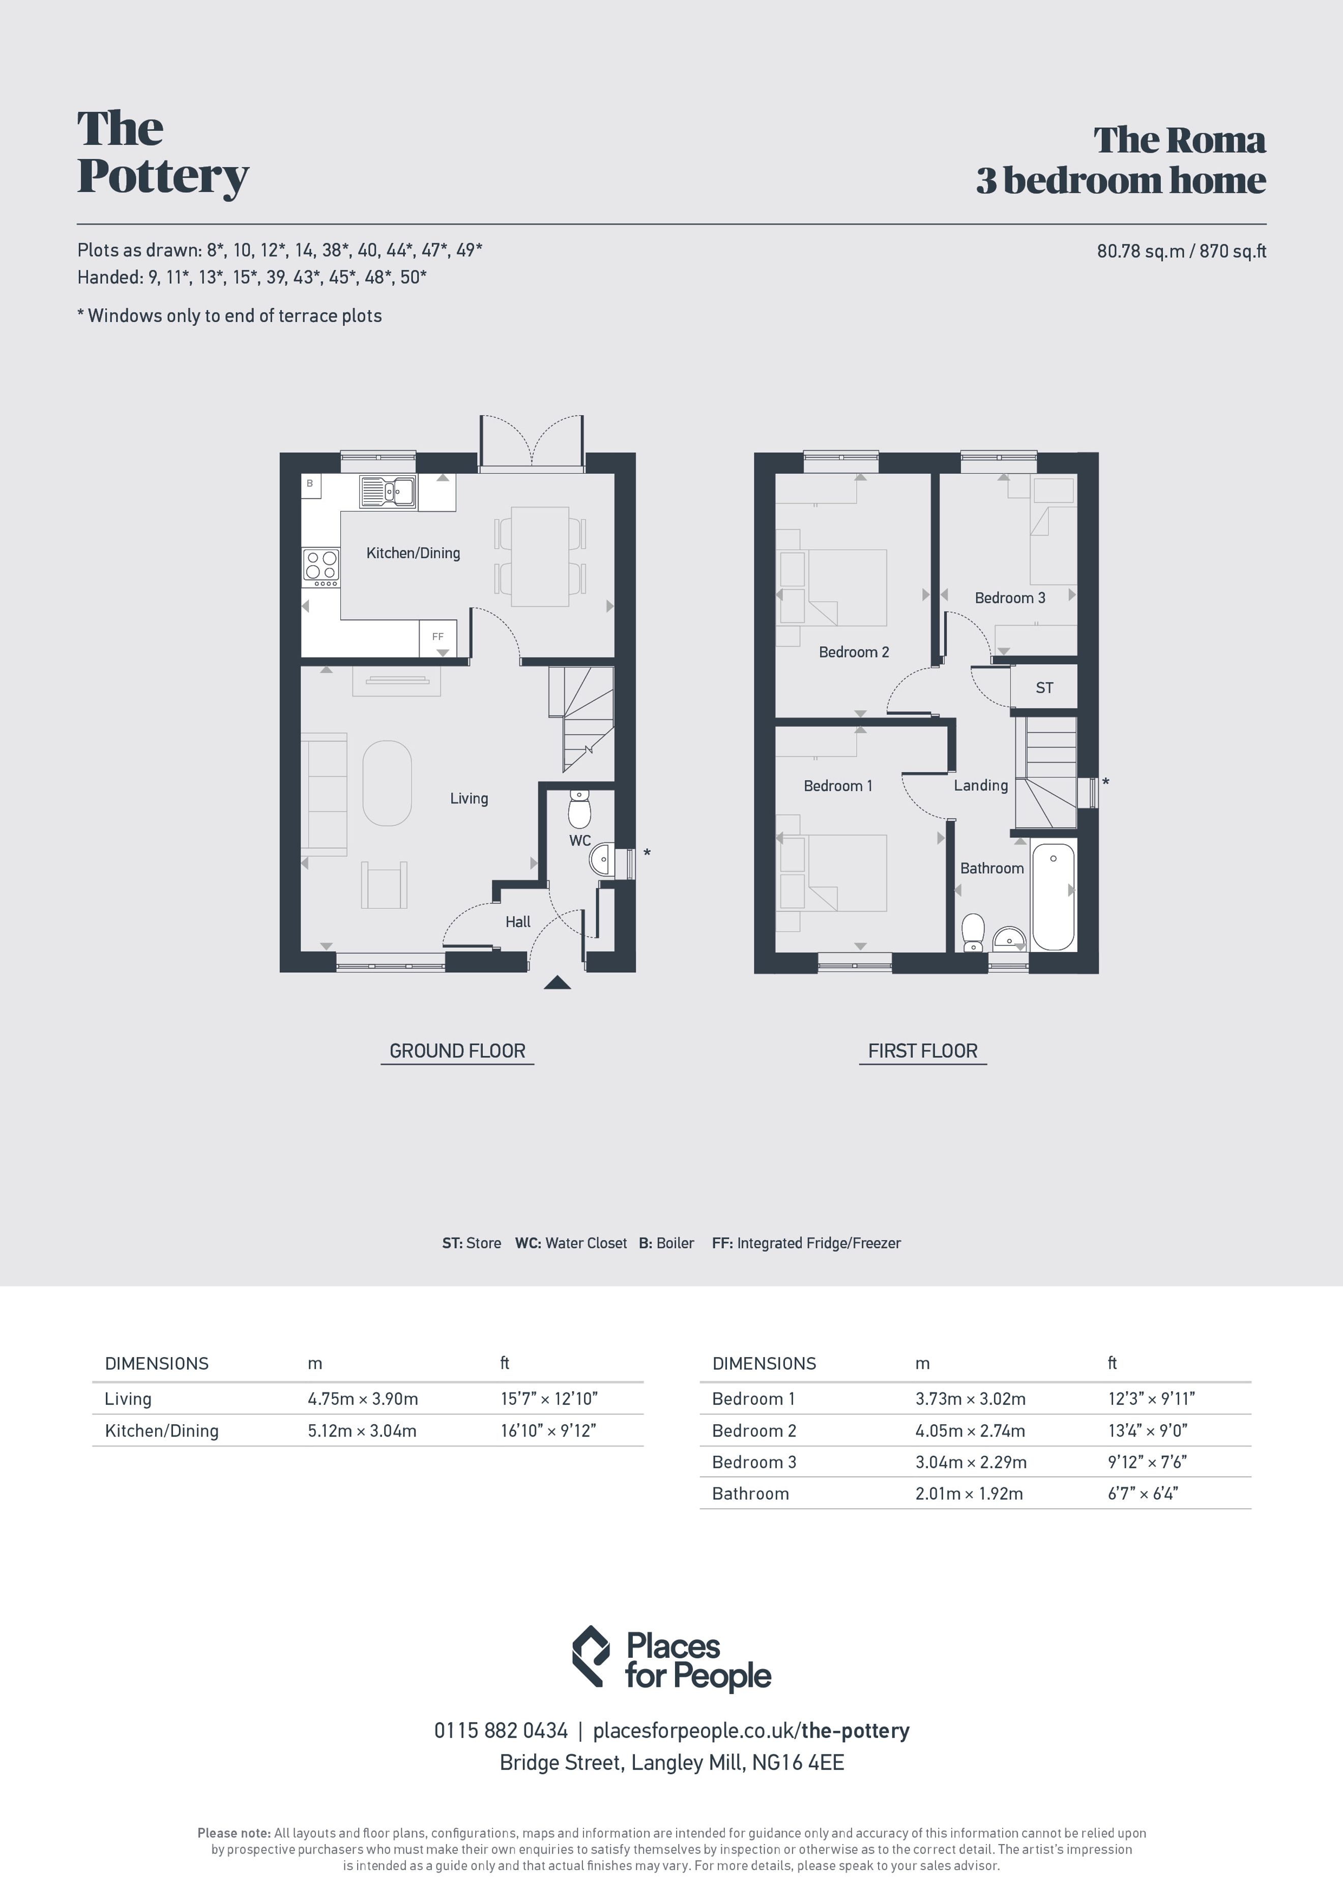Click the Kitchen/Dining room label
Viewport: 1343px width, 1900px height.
click(413, 553)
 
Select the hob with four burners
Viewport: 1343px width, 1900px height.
click(321, 568)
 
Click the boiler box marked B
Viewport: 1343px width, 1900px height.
click(310, 483)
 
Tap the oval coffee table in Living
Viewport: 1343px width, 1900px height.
click(387, 783)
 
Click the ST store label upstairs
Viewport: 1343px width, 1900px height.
click(1044, 687)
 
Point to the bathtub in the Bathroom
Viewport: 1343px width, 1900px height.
click(1054, 896)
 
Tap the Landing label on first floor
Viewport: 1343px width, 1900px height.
click(981, 785)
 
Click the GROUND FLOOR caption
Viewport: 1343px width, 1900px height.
click(458, 1051)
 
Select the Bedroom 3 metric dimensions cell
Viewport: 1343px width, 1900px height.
click(971, 1462)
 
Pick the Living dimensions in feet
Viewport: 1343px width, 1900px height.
click(548, 1398)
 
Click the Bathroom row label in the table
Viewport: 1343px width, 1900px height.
click(750, 1493)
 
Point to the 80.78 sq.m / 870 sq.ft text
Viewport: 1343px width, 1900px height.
click(1182, 251)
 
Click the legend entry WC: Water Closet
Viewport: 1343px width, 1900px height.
click(571, 1243)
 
